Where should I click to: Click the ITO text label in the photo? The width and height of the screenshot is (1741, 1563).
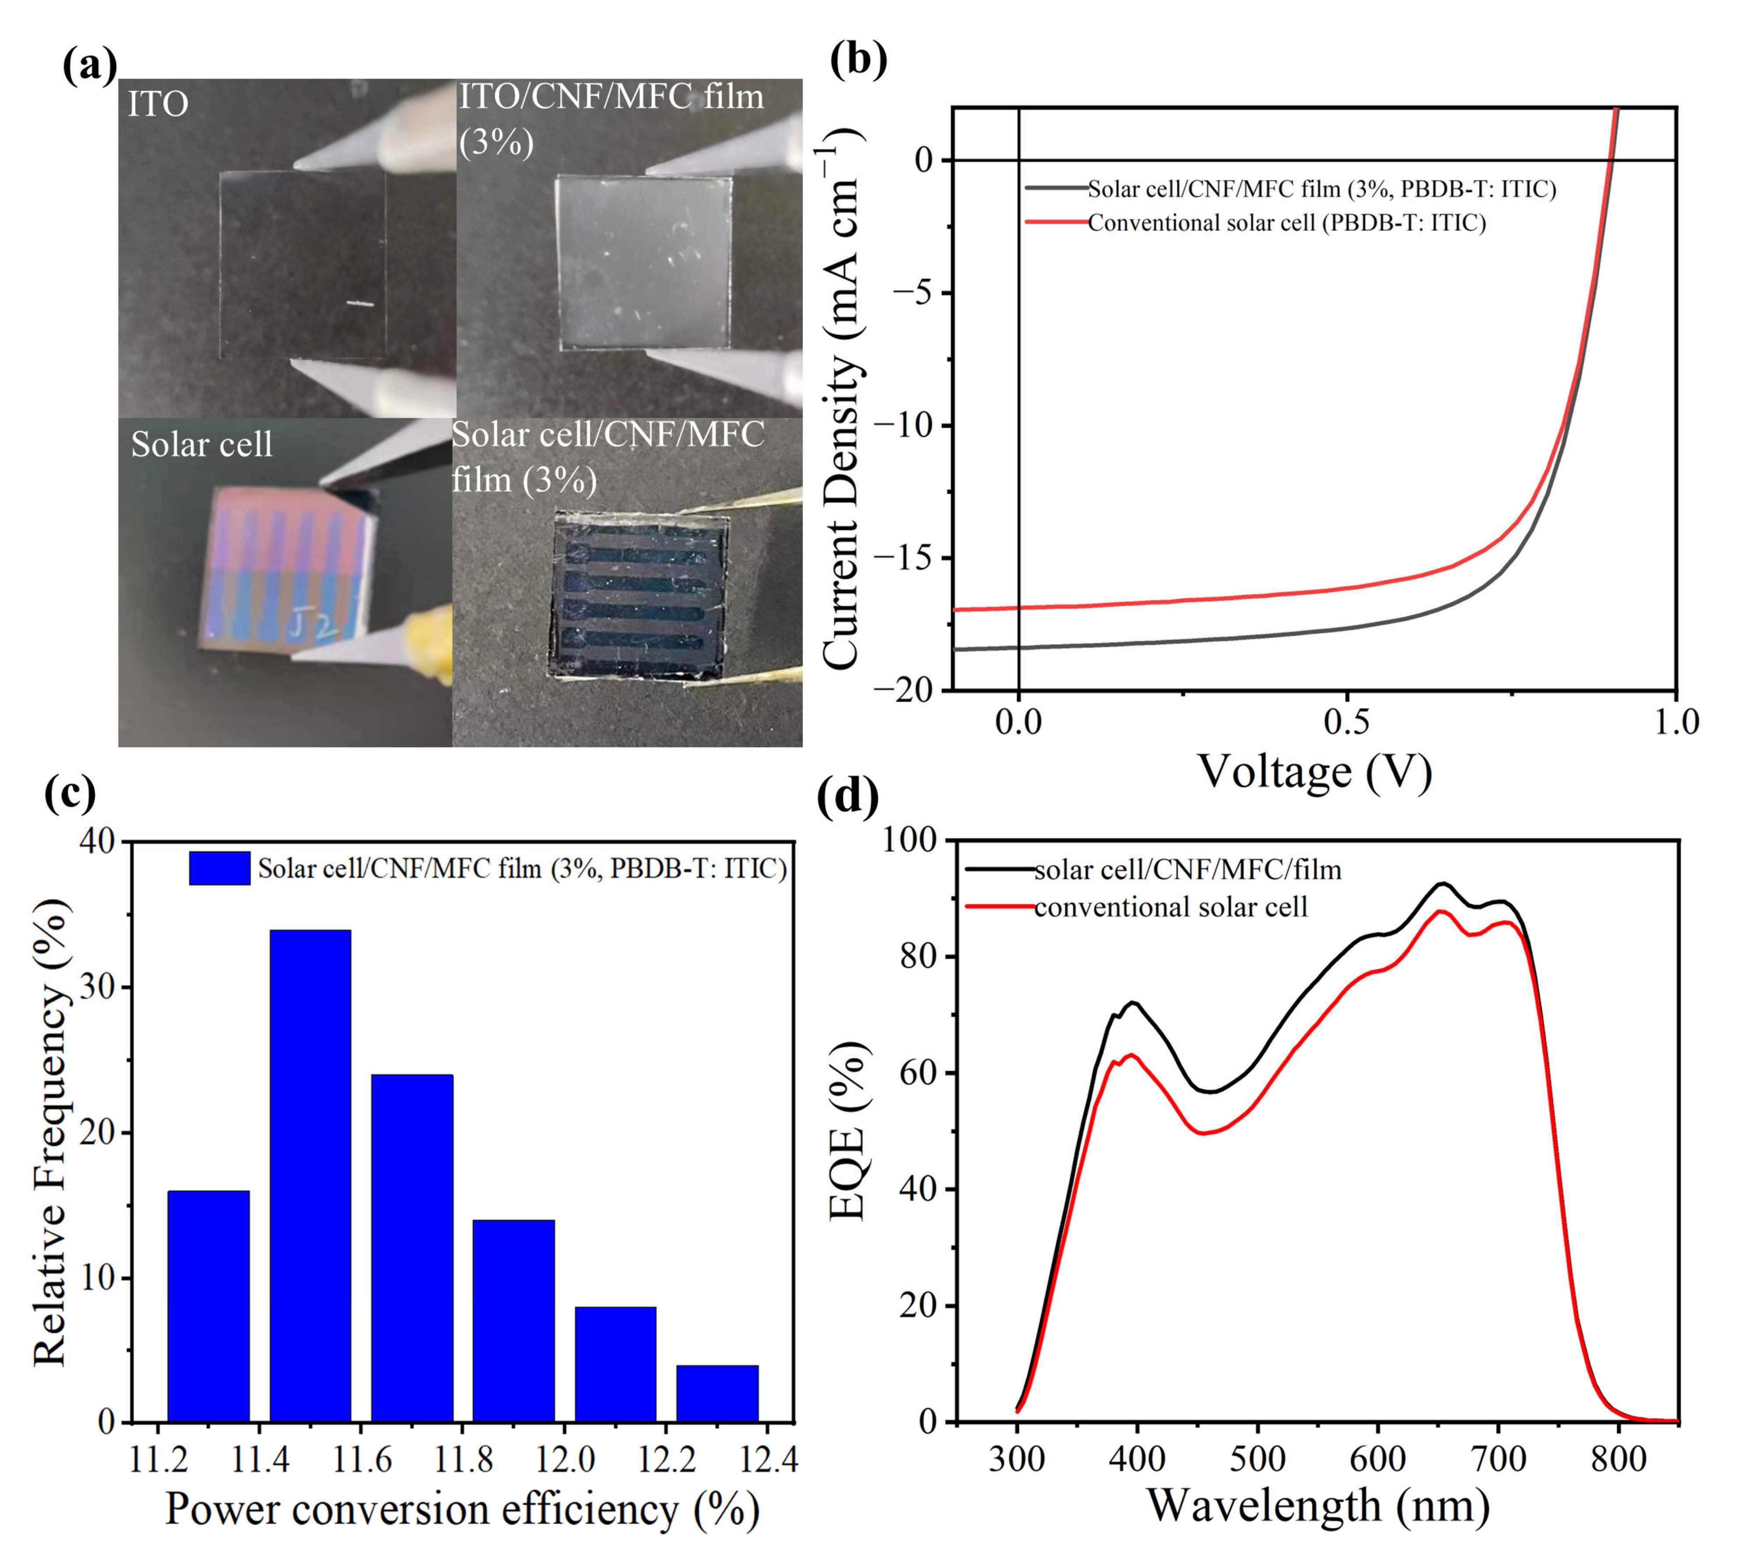[158, 104]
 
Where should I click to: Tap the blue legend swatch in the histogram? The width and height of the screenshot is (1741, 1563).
[220, 868]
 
